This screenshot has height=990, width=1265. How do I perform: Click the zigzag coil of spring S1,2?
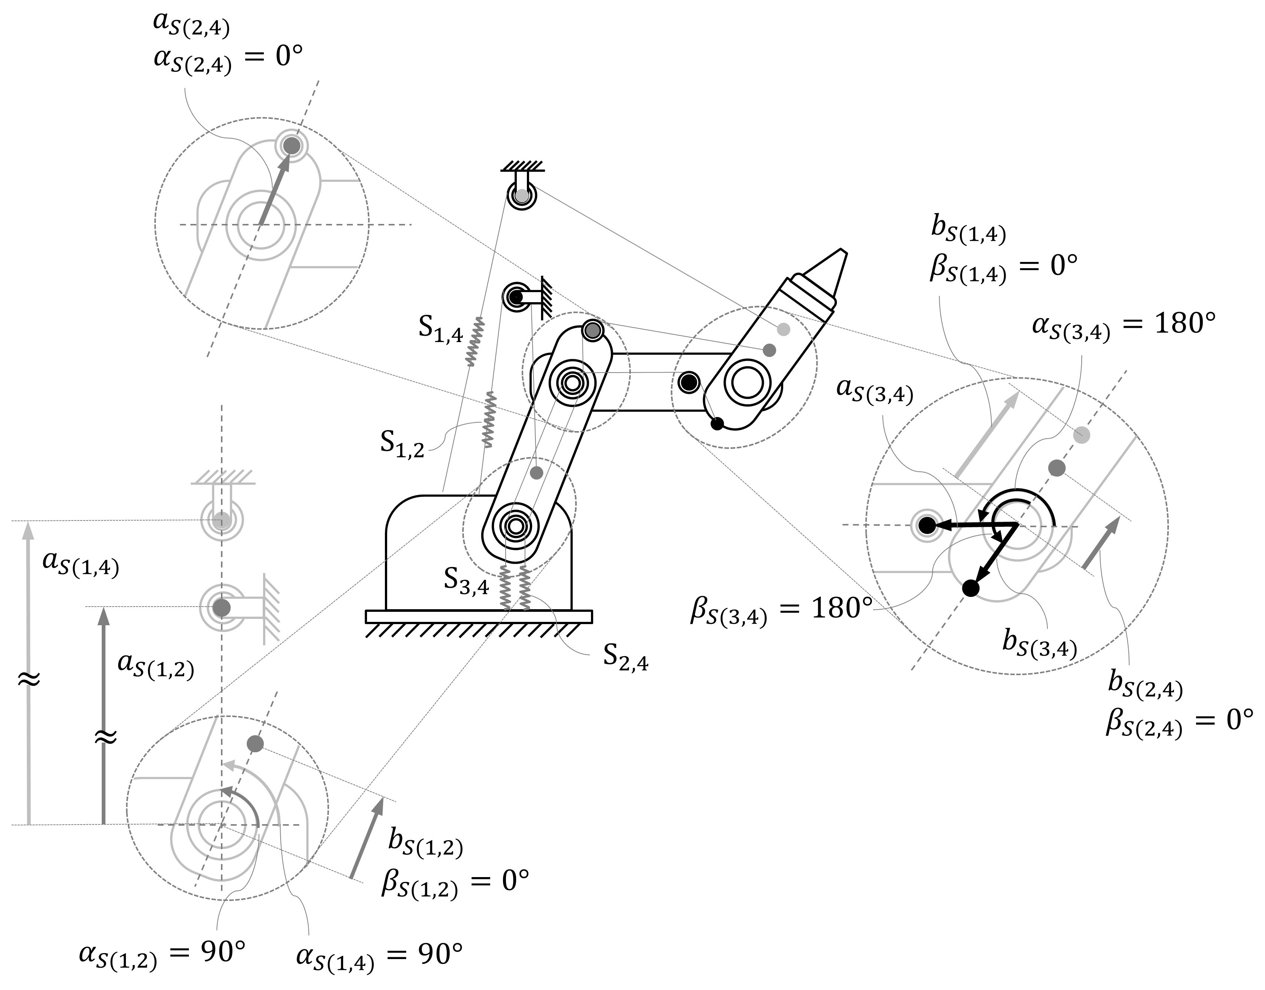coord(490,418)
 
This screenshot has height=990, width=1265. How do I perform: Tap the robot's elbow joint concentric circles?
coord(573,383)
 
